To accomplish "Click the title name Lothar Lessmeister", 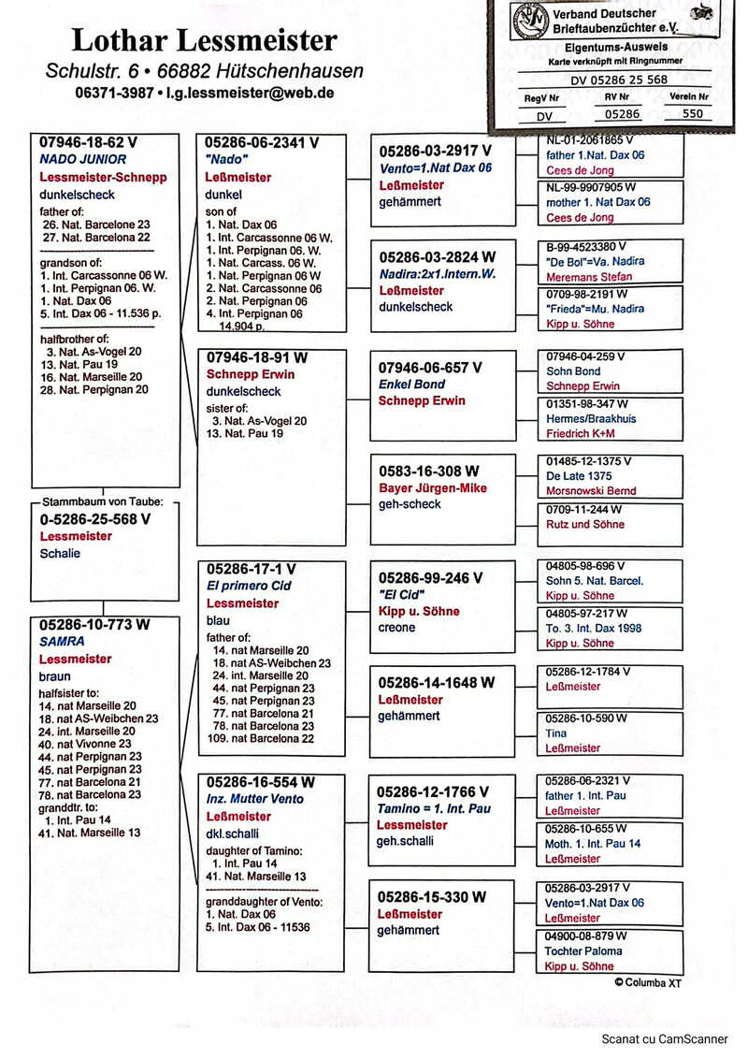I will tap(204, 40).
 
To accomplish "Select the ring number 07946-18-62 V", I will tap(88, 143).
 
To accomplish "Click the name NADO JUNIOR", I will tap(83, 160).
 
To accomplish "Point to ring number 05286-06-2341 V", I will tap(263, 143).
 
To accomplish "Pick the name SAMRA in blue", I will tap(62, 642).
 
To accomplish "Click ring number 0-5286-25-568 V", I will tap(94, 518).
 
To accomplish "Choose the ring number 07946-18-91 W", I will tap(257, 357).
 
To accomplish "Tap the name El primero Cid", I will tap(249, 586).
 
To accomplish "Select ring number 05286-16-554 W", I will tap(261, 782).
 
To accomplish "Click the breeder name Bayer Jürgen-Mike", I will tap(433, 488).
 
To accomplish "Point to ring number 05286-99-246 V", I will tap(431, 578).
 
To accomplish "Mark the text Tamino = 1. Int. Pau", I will tap(434, 808).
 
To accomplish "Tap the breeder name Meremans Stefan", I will tap(589, 277).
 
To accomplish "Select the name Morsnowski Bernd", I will tap(591, 491).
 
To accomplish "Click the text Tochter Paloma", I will tap(583, 950).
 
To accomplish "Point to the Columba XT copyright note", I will tap(648, 982).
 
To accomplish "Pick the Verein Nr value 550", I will tap(692, 114).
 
